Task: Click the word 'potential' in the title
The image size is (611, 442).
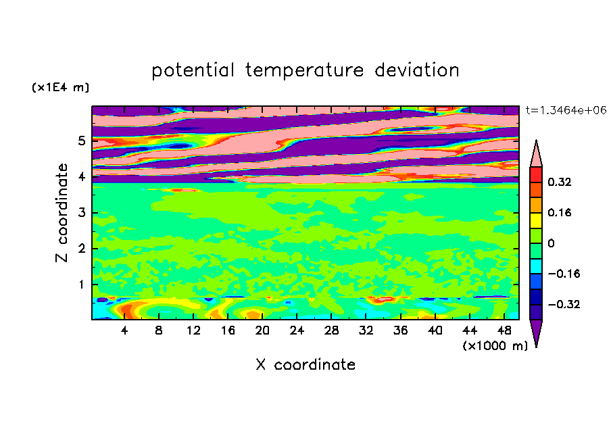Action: (193, 71)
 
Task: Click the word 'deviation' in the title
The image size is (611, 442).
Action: (417, 70)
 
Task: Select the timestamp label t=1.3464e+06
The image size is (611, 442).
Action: (566, 110)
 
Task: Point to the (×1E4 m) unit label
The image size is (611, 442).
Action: (60, 87)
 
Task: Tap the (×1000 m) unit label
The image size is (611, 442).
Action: (495, 346)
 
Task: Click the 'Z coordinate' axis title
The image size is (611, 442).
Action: (62, 213)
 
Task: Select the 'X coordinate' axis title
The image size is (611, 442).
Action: (305, 365)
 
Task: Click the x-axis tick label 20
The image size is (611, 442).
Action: (262, 330)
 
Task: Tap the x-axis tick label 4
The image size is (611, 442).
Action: (124, 330)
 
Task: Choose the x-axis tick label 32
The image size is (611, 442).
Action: (366, 330)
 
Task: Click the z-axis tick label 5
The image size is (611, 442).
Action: (81, 141)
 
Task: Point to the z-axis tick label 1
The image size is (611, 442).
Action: (81, 285)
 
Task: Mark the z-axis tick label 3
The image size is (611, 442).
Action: (81, 213)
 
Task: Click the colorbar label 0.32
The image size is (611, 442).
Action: (560, 182)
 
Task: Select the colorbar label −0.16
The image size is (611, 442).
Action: (564, 274)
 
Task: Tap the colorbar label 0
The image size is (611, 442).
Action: (551, 243)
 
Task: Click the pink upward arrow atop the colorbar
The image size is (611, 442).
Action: (536, 154)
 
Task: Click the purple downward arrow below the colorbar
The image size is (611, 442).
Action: (536, 333)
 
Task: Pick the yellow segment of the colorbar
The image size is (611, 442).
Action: (536, 220)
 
